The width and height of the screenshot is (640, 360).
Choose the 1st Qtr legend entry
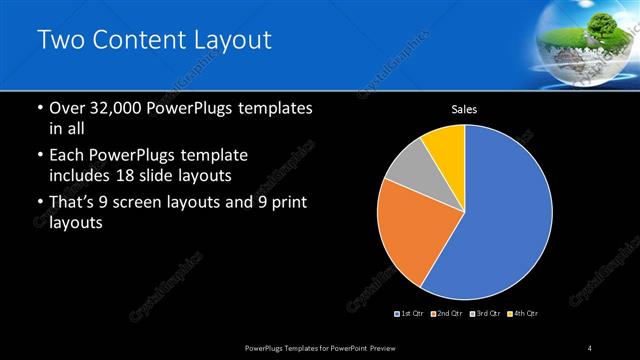(410, 313)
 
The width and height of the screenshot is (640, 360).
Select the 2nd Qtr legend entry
(446, 313)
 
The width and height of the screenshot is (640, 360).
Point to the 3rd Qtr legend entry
(485, 313)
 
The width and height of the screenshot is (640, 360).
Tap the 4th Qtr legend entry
(523, 313)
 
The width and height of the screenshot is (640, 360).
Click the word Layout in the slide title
(231, 41)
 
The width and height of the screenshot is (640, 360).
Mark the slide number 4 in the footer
(590, 347)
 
